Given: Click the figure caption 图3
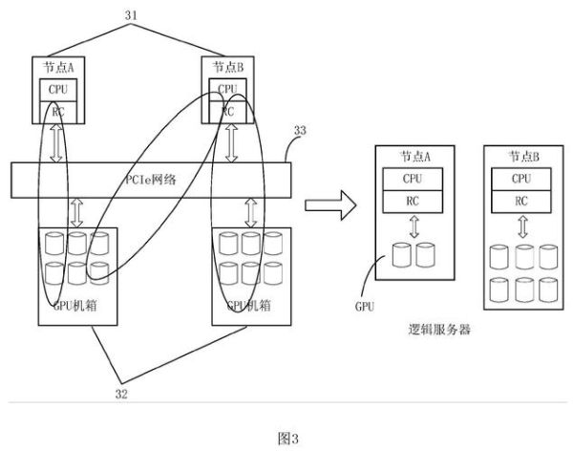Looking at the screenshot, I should coord(287,438).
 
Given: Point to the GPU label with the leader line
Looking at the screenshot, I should coord(364,309).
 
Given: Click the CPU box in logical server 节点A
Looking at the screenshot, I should coord(413,179).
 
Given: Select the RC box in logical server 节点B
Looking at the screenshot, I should coord(521,202).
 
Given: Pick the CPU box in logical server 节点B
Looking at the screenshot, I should coord(521,179).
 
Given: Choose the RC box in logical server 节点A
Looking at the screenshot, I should coord(413,202).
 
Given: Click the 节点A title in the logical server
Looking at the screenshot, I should coord(413,157).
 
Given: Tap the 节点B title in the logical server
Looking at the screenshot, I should coord(521,157).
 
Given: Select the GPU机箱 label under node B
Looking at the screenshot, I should coord(245,307).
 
